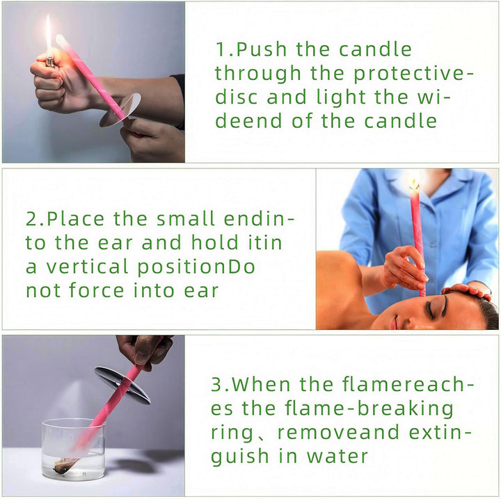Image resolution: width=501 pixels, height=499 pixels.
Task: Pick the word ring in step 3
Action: pyautogui.click(x=234, y=433)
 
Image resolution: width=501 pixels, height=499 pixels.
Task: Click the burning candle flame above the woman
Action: pyautogui.click(x=414, y=184)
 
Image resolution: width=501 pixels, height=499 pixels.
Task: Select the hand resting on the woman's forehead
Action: pyautogui.click(x=468, y=289)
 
